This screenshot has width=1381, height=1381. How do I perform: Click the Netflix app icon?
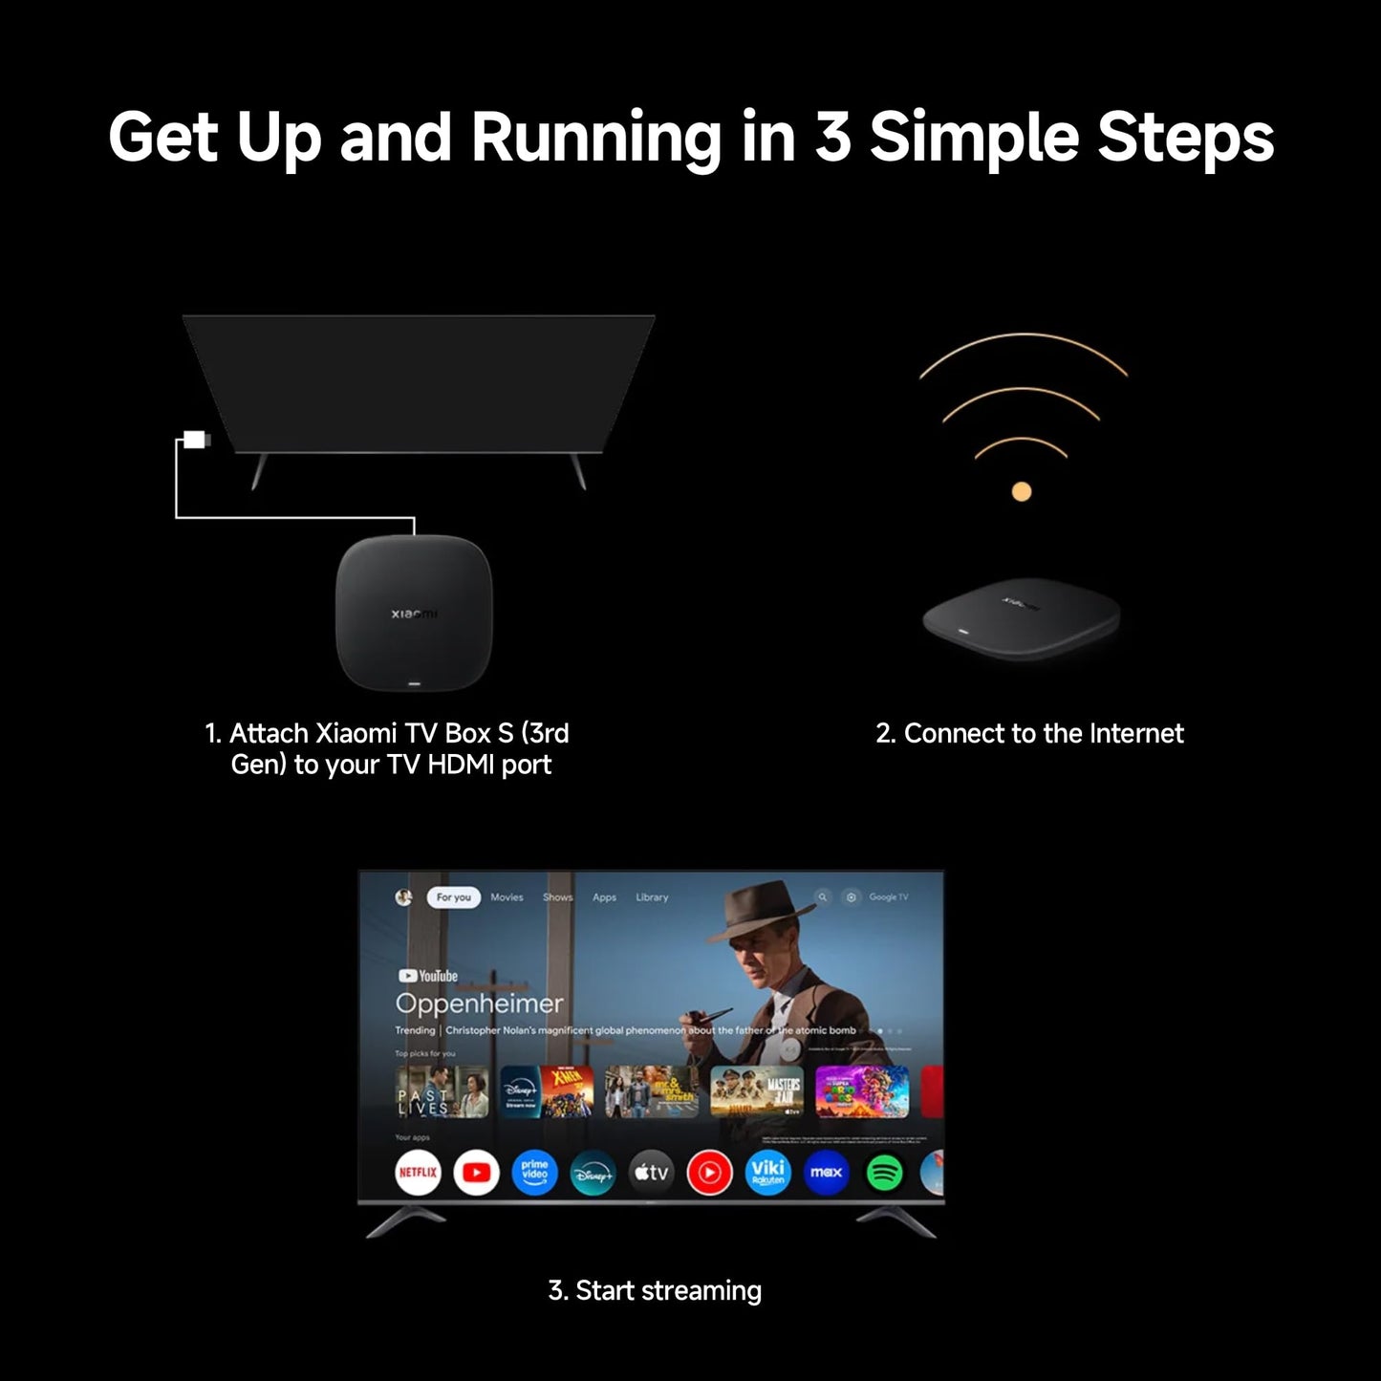[418, 1172]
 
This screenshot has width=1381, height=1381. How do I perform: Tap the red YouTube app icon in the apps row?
[476, 1172]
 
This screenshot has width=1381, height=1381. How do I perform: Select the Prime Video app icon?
[534, 1172]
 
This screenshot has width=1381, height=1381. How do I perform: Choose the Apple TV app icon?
[652, 1172]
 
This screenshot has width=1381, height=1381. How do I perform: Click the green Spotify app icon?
[884, 1172]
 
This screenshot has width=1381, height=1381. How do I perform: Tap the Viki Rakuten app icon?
[767, 1172]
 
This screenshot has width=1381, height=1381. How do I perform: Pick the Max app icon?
[826, 1172]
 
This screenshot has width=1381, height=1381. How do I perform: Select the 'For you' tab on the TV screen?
[453, 897]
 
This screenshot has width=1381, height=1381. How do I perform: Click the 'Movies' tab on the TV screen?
[507, 897]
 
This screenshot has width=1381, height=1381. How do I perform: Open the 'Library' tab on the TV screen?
[652, 897]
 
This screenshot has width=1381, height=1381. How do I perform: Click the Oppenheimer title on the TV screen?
[479, 1003]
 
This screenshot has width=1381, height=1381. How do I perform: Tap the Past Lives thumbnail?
[442, 1091]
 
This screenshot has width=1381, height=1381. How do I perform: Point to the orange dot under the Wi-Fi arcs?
[1022, 492]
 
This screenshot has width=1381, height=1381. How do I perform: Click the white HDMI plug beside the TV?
[195, 440]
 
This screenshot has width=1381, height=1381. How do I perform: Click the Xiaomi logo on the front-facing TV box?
[414, 613]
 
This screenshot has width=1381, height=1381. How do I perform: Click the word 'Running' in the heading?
[595, 138]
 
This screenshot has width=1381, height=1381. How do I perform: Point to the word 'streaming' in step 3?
[701, 1291]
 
